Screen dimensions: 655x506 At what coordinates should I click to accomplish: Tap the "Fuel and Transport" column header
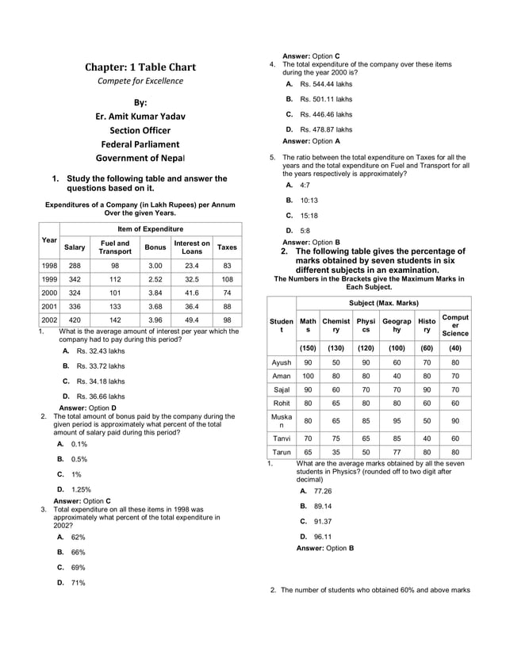click(115, 247)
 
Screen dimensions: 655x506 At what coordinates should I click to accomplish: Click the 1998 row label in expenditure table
click(49, 266)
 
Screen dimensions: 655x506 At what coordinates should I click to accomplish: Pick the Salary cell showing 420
click(75, 320)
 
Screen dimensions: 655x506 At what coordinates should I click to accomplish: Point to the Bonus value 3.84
click(155, 293)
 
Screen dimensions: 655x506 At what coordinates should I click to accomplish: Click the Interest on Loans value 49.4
click(192, 320)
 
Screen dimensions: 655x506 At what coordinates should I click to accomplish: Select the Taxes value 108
click(227, 280)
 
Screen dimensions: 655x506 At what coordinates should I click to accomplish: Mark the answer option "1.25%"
click(82, 489)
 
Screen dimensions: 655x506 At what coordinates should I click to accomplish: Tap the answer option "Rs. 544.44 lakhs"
click(326, 84)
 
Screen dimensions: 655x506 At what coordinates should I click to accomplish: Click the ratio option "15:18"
click(309, 216)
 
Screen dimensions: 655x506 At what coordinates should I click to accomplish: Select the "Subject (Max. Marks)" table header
click(383, 303)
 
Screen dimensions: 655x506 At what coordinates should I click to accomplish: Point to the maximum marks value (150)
click(308, 348)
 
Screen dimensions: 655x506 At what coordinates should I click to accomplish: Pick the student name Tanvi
click(282, 438)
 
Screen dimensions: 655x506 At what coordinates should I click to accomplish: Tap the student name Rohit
click(282, 403)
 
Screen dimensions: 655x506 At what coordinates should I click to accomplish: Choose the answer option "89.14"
click(322, 506)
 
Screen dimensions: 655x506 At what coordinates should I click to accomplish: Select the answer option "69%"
click(78, 567)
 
